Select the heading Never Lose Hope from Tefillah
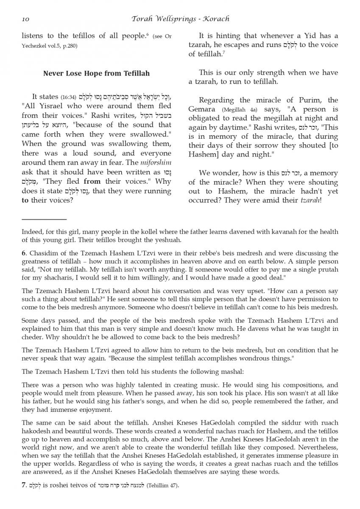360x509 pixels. click(x=96, y=73)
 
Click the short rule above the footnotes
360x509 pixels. click(x=44, y=219)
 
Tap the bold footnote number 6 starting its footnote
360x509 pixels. click(x=24, y=254)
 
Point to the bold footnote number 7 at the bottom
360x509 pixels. click(x=24, y=485)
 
